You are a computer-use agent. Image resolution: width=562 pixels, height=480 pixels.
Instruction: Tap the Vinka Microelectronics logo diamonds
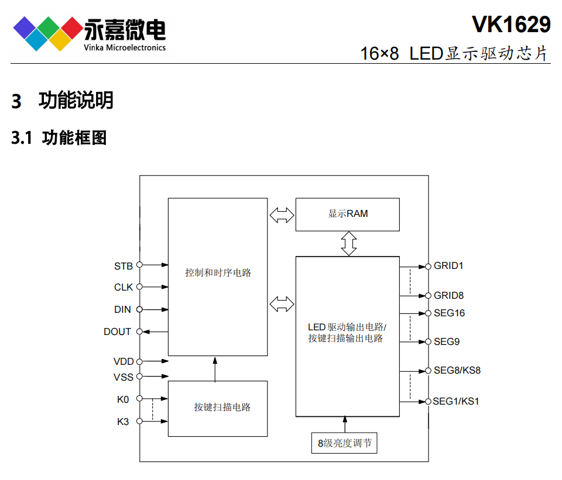(x=47, y=32)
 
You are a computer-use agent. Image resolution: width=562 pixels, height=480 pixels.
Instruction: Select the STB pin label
(x=123, y=266)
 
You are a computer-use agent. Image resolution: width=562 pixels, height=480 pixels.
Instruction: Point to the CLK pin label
(x=123, y=287)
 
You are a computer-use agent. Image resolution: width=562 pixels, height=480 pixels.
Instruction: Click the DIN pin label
(x=122, y=309)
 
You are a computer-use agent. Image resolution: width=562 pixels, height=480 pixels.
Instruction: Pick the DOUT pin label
(x=117, y=331)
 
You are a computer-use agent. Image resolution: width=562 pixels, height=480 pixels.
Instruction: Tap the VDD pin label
(x=124, y=361)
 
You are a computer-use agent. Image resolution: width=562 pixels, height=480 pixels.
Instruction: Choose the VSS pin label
(x=124, y=377)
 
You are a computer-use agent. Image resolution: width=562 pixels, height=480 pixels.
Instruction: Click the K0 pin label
(x=123, y=399)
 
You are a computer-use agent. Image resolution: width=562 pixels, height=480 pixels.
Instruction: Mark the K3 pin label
(x=123, y=422)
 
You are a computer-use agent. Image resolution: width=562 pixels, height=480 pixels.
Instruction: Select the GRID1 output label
(x=448, y=265)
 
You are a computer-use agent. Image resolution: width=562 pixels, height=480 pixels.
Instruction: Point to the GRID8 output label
(x=448, y=295)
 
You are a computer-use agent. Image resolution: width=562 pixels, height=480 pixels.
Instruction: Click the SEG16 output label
(x=449, y=313)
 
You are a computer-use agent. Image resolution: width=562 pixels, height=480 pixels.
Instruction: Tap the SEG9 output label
(x=446, y=341)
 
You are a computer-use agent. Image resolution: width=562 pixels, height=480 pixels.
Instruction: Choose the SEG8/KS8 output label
(x=457, y=370)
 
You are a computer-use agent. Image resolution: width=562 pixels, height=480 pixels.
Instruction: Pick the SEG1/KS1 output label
(x=456, y=401)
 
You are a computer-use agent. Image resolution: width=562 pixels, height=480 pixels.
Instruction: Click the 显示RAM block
(x=348, y=214)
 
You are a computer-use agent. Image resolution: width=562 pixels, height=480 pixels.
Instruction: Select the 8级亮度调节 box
(x=344, y=443)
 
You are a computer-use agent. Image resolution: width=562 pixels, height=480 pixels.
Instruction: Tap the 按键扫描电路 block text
(x=222, y=407)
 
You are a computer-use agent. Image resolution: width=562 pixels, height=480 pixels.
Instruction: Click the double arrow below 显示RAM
(x=349, y=243)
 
